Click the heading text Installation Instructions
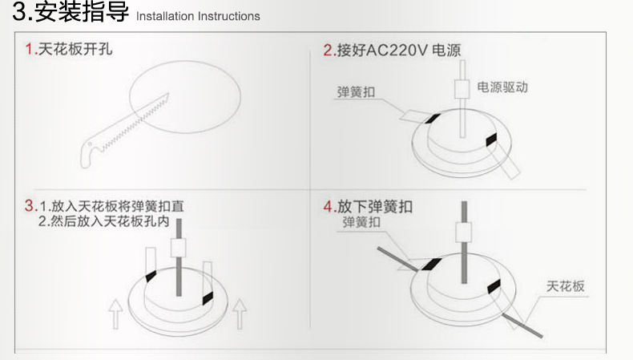coord(198,16)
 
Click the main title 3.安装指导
coord(71,11)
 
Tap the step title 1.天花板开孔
coord(69,49)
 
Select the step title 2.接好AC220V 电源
coord(392,51)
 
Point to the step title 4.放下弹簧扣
coord(368,207)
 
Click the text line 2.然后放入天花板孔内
coord(103,221)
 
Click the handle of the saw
coord(91,152)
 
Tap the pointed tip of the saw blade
coord(168,94)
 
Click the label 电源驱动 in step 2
coord(502,87)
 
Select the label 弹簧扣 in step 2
coord(356,91)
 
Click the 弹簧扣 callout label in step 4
coord(361,222)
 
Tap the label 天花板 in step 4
coord(565,286)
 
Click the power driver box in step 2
coord(462,89)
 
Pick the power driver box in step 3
coord(178,248)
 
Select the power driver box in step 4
coord(463,233)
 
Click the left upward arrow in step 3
coord(115,314)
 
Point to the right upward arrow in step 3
coord(240,314)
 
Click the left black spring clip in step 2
coord(432,119)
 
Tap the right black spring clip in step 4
coord(494,286)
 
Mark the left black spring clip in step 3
coord(151,277)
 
